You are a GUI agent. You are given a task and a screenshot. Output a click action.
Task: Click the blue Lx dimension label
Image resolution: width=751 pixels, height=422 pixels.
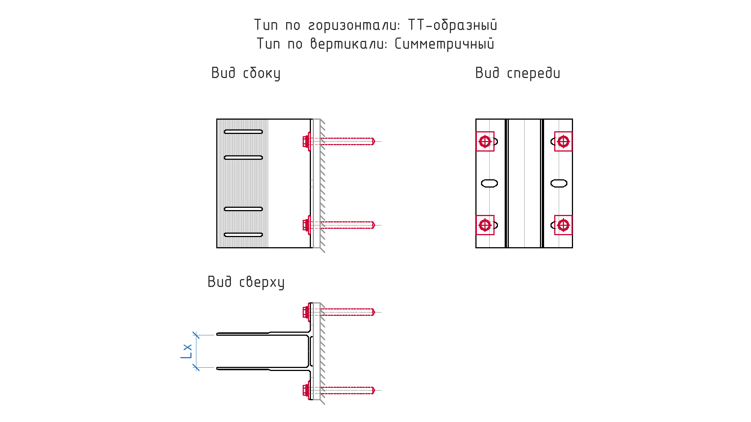187,351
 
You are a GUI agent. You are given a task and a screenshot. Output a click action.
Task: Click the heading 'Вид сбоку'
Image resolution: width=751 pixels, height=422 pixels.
246,74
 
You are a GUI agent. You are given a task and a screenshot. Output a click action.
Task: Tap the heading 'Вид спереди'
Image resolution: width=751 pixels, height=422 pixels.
518,74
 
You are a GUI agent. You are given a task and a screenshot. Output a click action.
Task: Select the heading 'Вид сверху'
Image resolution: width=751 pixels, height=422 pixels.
246,282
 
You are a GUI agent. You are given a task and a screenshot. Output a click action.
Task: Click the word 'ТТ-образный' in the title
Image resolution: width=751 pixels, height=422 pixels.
452,26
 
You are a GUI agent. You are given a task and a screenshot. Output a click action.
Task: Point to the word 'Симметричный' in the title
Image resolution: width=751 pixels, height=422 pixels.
445,44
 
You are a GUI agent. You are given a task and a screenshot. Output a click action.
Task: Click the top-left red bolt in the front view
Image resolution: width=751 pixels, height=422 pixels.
485,141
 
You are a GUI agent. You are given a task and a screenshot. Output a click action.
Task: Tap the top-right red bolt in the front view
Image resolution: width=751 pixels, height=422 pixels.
563,141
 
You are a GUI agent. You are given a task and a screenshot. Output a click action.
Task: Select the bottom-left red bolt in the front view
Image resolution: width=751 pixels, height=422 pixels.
485,225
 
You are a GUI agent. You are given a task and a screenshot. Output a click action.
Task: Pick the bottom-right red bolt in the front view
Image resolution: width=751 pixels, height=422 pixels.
563,225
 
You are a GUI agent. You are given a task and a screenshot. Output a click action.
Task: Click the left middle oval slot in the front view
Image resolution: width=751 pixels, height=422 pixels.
490,183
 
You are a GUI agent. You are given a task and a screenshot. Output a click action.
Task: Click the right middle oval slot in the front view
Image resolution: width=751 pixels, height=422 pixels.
559,183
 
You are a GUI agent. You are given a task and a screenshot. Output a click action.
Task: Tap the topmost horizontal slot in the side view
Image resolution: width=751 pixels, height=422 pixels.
243,132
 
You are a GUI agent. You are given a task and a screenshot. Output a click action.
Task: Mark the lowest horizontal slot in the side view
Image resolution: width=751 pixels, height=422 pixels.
243,235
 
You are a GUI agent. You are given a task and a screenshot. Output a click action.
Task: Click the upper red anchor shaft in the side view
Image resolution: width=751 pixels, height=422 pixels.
347,141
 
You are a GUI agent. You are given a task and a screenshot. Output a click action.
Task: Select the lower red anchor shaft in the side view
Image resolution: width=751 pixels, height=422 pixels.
347,225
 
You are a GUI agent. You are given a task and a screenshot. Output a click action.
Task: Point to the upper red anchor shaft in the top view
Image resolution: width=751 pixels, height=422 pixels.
347,312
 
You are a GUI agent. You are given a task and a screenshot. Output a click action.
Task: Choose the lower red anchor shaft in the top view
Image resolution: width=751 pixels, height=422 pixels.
347,390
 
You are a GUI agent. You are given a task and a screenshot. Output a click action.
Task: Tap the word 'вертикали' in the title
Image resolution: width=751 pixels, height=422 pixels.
349,44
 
